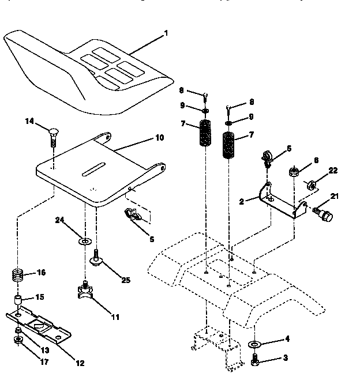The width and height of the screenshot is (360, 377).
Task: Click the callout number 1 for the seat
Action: [166, 33]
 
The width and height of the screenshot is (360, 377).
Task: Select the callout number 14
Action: [29, 121]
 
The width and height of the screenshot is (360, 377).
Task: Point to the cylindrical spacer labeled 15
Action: [19, 301]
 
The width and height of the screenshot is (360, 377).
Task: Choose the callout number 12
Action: [80, 363]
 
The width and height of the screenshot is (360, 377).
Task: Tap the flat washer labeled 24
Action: [85, 239]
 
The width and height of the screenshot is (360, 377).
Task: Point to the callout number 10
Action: [159, 138]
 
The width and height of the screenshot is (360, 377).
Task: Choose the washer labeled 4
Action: [254, 344]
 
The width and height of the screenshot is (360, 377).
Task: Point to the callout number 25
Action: [125, 280]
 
